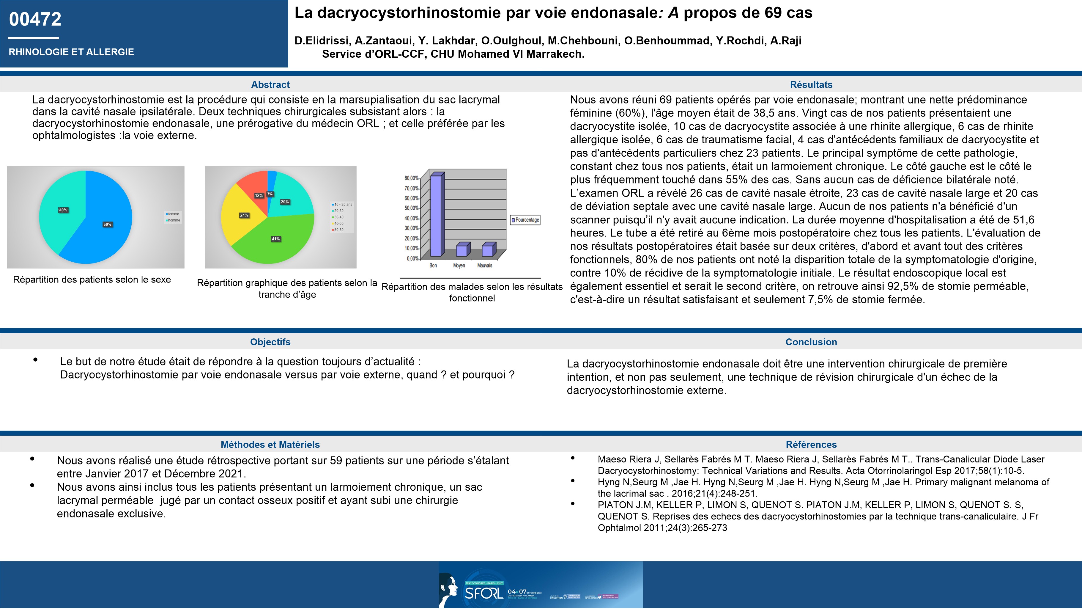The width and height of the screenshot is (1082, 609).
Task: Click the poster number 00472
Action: coord(35,19)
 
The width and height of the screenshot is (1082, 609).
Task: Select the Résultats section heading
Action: coord(811,84)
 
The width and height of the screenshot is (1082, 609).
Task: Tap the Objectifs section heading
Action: coord(270,342)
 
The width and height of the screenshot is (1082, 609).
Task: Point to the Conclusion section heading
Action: coord(811,342)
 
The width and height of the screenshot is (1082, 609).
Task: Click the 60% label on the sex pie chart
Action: coord(108,225)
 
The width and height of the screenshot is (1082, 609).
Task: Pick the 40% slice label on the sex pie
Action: coord(63,210)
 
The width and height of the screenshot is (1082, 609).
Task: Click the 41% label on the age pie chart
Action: coord(275,239)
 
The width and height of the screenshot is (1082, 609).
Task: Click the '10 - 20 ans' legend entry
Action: coord(342,205)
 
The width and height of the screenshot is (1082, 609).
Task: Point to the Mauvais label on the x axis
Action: coord(485,266)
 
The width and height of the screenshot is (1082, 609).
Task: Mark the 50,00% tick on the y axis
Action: coord(412,208)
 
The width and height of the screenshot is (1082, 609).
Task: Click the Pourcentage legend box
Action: coord(525,220)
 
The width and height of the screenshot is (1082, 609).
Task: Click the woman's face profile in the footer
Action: coord(449,588)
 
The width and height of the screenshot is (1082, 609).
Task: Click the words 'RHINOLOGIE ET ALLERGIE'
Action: coord(71,52)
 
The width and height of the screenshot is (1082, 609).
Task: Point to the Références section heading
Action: coord(811,445)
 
